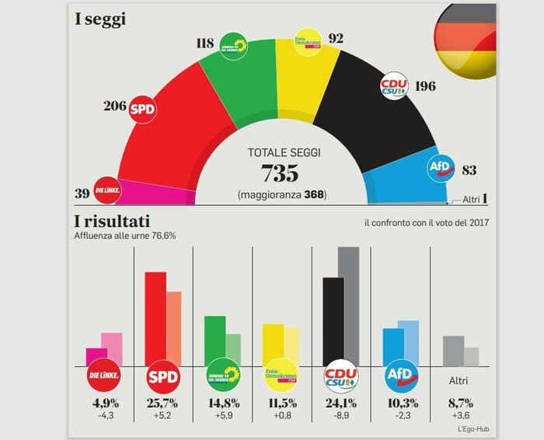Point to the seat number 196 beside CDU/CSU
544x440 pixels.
[x=426, y=86]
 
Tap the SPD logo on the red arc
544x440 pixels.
[x=142, y=109]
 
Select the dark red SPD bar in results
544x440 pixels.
[x=155, y=319]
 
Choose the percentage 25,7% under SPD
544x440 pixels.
[x=163, y=404]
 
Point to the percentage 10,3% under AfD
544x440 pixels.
[x=402, y=404]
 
